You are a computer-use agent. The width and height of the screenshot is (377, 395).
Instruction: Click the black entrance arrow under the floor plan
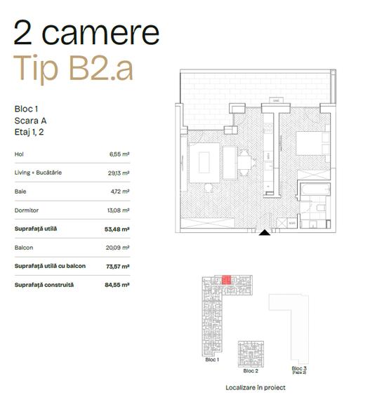263,234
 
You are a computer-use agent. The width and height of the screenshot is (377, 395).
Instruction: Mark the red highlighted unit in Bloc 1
226,279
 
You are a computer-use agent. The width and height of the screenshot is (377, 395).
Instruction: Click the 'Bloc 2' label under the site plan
251,369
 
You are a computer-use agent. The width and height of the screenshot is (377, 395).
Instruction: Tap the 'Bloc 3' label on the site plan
299,368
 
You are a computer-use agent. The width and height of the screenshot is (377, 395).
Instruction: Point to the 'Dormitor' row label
26,210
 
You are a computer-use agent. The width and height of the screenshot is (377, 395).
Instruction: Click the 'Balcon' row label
24,248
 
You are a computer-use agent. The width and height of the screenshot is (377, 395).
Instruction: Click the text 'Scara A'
30,120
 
